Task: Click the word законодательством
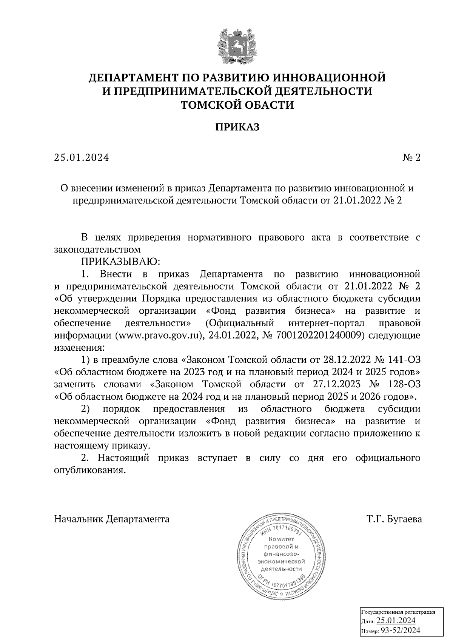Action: point(97,249)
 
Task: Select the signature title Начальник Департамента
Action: point(112,519)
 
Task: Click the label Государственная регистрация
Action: point(399,612)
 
